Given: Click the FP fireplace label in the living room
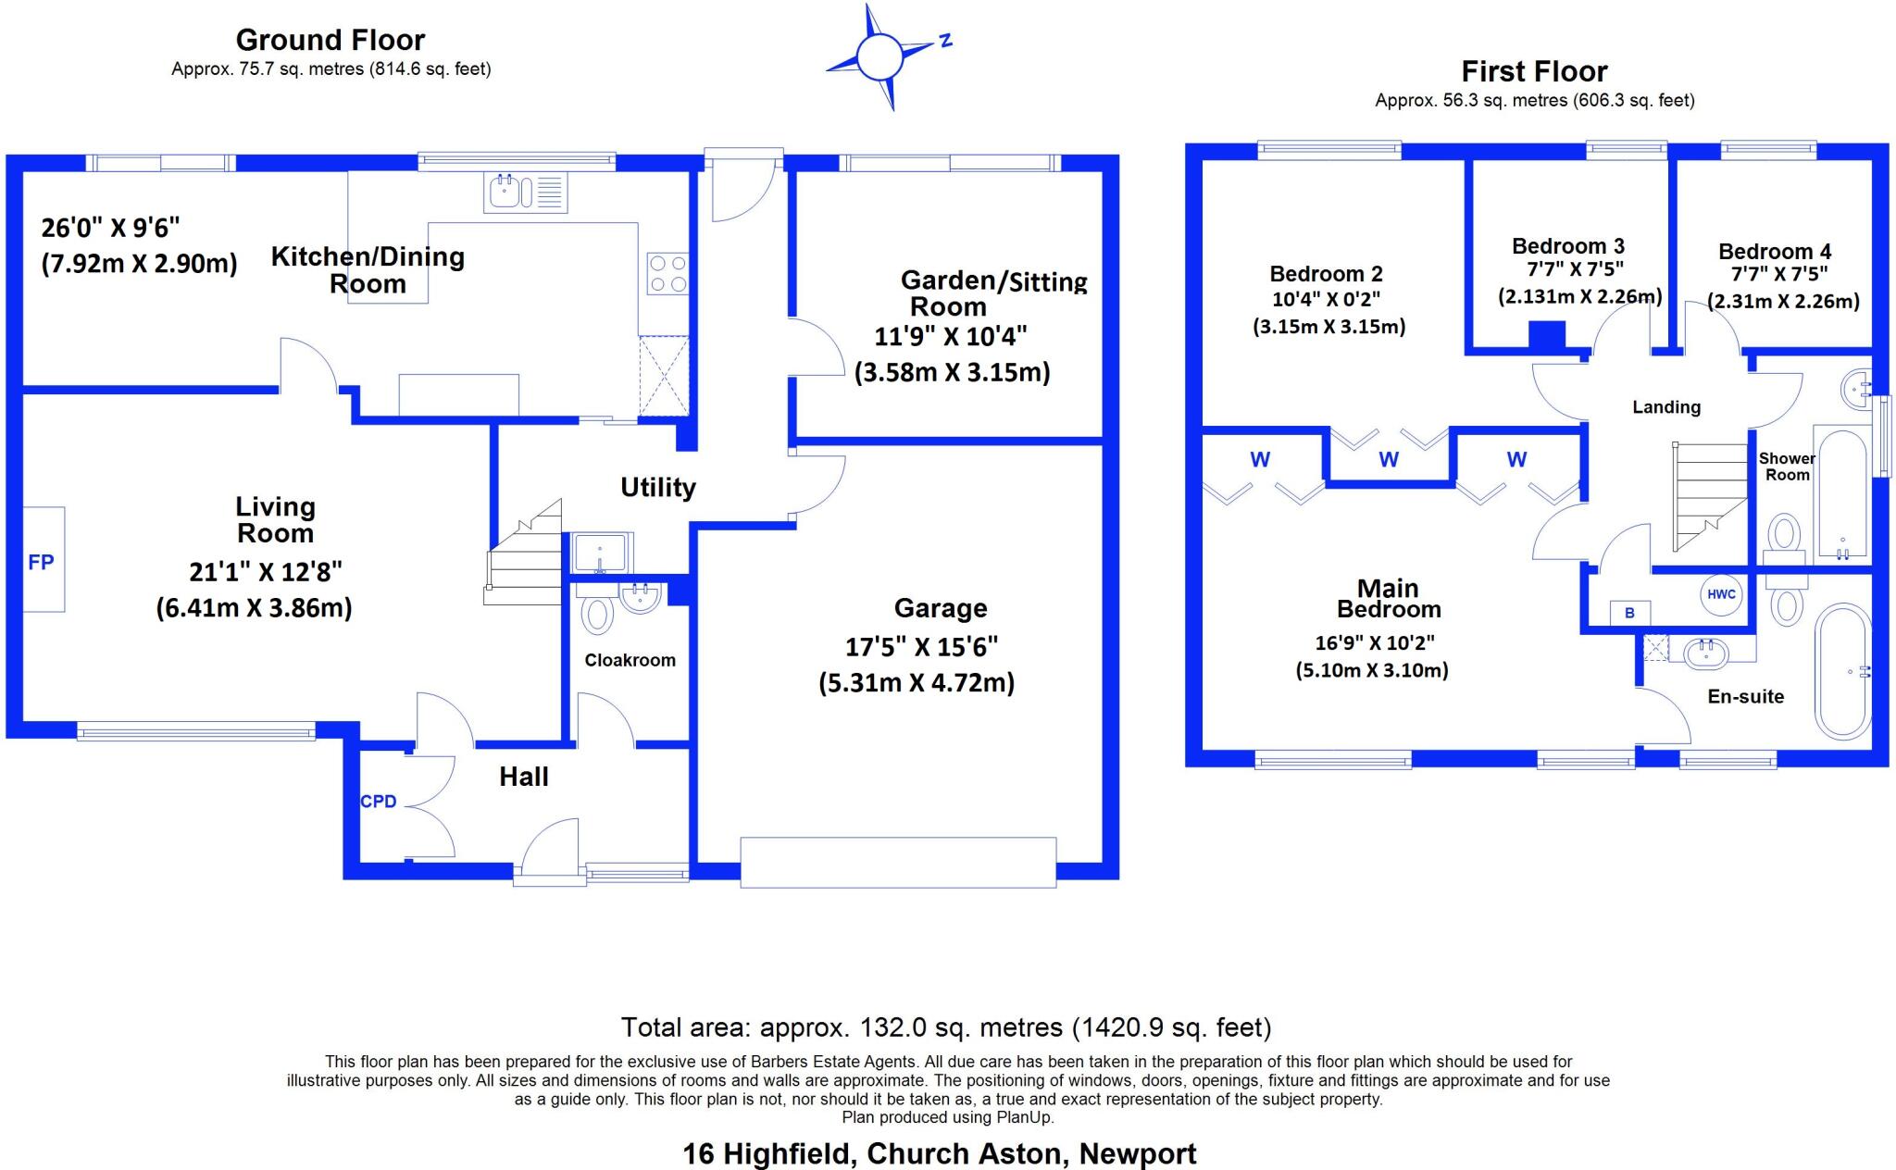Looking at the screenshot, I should pos(41,562).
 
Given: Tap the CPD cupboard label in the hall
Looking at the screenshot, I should pos(378,802).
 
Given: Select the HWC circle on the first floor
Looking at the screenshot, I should pos(1721,594).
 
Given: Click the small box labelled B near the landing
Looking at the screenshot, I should pos(1629,613).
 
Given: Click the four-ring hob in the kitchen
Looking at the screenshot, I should pos(667,273).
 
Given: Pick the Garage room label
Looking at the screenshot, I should pos(941,608).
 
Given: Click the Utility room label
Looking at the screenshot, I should pos(657,487).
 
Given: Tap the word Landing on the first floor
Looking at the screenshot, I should pos(1665,407).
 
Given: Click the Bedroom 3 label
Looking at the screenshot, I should pos(1567,246).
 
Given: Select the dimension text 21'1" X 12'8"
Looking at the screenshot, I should pos(266,572).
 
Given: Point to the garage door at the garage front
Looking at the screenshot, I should pos(897,862).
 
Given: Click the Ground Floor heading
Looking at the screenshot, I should pos(330,40).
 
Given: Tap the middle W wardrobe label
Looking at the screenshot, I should pos(1388,460).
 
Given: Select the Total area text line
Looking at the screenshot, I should pos(945,1027).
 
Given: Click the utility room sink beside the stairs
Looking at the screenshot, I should pos(601,553).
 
